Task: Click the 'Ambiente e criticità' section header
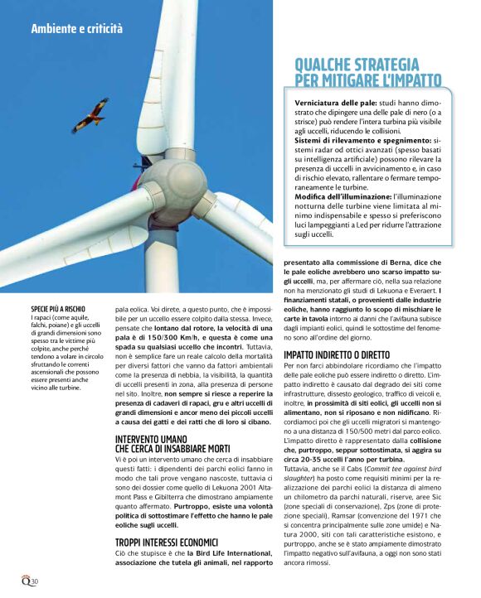pos(76,29)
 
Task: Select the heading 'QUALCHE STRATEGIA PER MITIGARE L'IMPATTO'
pos(368,72)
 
